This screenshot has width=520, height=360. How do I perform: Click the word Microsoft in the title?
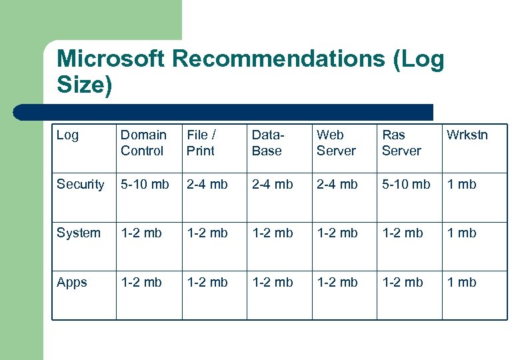(111, 59)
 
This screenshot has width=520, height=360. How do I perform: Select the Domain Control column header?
(143, 143)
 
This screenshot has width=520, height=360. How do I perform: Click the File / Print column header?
(201, 143)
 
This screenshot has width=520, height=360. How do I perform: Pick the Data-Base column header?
(267, 143)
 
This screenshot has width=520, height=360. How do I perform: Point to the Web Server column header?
(336, 143)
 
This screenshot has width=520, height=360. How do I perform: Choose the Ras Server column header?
(401, 143)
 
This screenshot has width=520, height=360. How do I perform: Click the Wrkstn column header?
(467, 135)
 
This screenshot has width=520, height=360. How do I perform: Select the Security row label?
(81, 184)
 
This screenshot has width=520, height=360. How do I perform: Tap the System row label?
(79, 233)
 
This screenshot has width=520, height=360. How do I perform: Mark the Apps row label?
(72, 282)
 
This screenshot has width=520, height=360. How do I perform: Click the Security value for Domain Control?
(145, 184)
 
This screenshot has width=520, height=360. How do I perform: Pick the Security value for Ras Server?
(406, 184)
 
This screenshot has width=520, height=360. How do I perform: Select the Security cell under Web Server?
(337, 184)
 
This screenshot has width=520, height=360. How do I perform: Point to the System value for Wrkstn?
(461, 233)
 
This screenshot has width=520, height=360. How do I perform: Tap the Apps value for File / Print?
(207, 282)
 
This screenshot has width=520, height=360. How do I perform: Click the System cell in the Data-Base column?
(272, 233)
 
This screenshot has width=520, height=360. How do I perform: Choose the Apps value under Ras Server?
(402, 282)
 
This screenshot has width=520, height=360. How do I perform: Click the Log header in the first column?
(67, 135)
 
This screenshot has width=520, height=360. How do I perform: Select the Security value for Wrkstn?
(461, 184)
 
